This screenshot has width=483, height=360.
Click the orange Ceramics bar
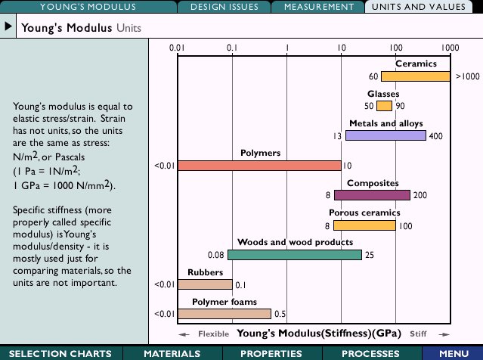click(x=415, y=76)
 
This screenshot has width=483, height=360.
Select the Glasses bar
click(x=384, y=106)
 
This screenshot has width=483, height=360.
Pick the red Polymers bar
click(x=259, y=165)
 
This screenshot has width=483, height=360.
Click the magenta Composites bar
click(x=372, y=195)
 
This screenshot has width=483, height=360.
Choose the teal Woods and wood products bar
click(x=294, y=255)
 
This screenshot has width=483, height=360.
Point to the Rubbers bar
click(x=205, y=284)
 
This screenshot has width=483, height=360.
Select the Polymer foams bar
click(x=224, y=314)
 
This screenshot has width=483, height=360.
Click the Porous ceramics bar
click(x=364, y=225)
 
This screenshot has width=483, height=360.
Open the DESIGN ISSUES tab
click(x=224, y=7)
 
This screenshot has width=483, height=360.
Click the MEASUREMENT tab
click(x=318, y=7)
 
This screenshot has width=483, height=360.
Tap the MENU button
click(x=454, y=353)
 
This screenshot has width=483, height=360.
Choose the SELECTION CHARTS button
click(x=60, y=353)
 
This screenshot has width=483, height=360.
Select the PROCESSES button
click(x=370, y=353)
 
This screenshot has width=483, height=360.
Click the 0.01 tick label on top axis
click(x=177, y=48)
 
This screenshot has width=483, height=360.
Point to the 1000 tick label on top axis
click(x=450, y=48)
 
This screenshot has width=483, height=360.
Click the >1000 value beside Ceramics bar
click(x=467, y=76)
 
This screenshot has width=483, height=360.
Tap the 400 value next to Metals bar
click(x=436, y=136)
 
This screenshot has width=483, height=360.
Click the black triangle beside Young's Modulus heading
click(x=8, y=27)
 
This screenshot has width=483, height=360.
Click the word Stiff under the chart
click(x=418, y=334)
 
